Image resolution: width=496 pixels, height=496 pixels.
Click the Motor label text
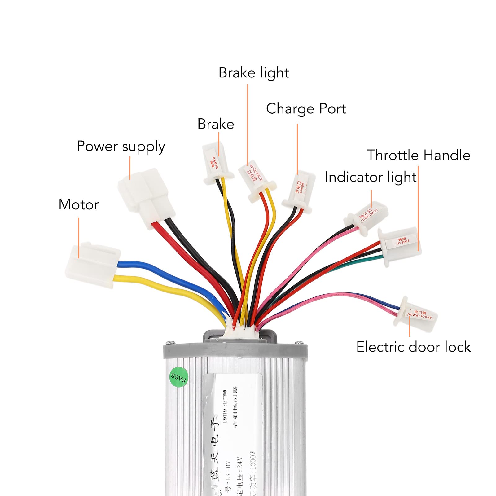click(78, 205)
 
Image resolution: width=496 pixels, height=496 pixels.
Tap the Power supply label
click(121, 147)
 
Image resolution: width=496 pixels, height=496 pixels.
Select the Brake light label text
click(253, 73)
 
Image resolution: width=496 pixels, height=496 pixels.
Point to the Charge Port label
click(306, 109)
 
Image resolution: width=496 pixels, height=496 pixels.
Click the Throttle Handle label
click(418, 155)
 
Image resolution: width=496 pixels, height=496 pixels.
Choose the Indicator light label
click(371, 177)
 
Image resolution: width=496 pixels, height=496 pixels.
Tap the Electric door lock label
click(413, 347)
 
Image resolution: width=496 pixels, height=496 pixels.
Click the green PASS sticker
click(179, 377)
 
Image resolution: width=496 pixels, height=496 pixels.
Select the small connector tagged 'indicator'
click(367, 217)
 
